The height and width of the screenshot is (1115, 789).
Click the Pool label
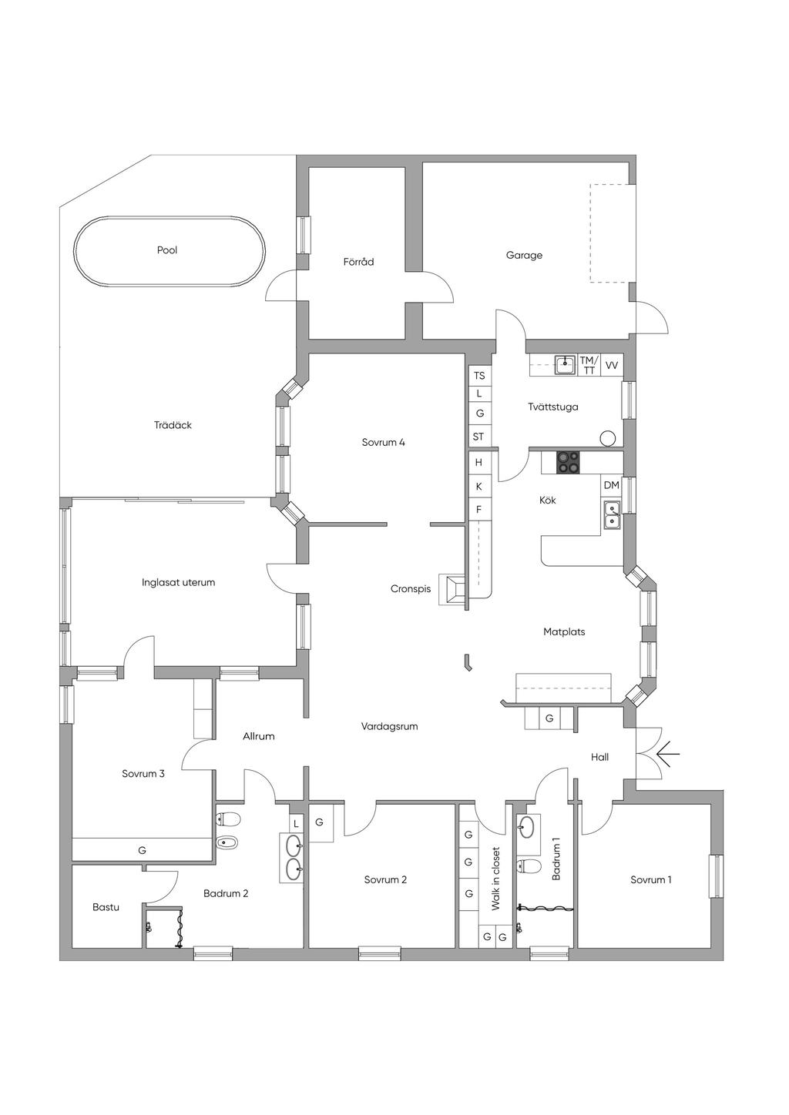tap(167, 250)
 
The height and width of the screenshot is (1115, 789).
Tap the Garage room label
tap(524, 256)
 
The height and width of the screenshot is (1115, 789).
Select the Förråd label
tap(358, 261)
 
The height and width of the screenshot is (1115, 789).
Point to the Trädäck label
tap(173, 425)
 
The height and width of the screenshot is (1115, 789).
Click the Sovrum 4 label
tap(384, 442)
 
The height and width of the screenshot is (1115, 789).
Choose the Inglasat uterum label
tap(178, 582)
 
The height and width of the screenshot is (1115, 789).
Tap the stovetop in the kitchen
tap(568, 463)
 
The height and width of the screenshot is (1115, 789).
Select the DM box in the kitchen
tap(612, 485)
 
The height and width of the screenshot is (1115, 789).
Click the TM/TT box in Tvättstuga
tap(589, 365)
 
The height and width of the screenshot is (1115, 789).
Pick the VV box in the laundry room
tap(612, 365)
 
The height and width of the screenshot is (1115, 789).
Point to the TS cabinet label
tap(479, 375)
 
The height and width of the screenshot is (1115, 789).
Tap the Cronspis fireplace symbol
tap(452, 589)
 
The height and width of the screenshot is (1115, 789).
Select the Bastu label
tap(106, 907)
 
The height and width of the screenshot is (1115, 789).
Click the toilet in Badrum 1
tap(529, 866)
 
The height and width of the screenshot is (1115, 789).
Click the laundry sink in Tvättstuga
tap(566, 365)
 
